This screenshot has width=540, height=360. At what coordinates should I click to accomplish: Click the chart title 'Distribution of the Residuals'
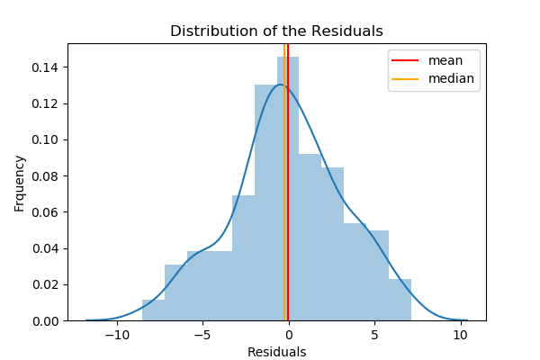(276, 31)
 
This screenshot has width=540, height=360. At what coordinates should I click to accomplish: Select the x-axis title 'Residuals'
(276, 352)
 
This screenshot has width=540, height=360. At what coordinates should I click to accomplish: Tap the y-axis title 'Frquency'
(20, 183)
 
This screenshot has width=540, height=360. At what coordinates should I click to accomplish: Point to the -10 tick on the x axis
(117, 334)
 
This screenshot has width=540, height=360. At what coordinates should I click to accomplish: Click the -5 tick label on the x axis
(202, 334)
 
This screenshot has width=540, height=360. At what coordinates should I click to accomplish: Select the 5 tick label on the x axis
(374, 334)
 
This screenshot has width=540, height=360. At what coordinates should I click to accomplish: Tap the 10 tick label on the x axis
(460, 334)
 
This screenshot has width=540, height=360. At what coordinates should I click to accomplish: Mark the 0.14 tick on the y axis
(47, 67)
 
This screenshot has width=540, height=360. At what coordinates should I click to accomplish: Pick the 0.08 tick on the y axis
(47, 176)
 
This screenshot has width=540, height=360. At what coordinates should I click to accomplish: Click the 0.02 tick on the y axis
(47, 284)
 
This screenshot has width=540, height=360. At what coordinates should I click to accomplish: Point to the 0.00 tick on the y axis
(47, 320)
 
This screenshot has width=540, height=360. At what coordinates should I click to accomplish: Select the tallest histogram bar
(288, 189)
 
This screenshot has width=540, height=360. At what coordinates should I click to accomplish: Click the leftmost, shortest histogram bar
(153, 310)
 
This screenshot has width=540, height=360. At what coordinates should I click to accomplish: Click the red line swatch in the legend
(406, 60)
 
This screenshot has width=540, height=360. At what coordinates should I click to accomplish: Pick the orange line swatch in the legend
(406, 78)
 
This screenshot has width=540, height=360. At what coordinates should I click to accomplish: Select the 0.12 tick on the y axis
(47, 103)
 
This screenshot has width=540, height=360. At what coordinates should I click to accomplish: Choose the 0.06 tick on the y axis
(47, 212)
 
